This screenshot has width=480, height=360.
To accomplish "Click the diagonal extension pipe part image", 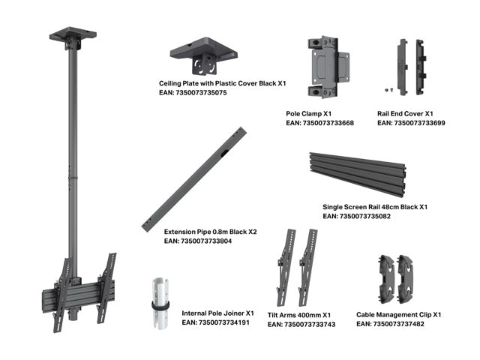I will click(x=194, y=179).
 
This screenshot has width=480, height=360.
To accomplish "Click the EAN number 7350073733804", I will click(x=198, y=241).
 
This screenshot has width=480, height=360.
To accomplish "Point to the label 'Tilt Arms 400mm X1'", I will click(x=303, y=314).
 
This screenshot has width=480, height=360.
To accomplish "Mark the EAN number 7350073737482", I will click(x=390, y=324).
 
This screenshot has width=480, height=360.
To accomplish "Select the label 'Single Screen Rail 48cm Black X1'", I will click(x=375, y=206).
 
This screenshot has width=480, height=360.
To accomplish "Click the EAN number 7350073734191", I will click(x=215, y=322).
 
